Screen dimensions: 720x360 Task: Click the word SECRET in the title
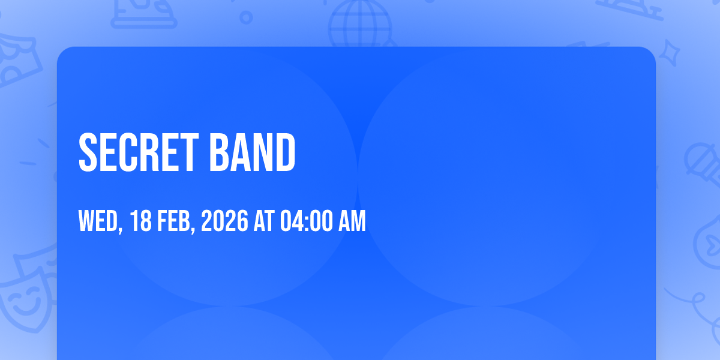pos(139,152)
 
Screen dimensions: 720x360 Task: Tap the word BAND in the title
pos(253,152)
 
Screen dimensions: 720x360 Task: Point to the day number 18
pos(141,221)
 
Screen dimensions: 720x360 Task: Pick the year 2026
pos(224,221)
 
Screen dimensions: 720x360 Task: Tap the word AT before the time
pos(264,221)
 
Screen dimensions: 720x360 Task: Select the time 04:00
pos(307,221)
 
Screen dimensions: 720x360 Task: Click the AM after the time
pos(352,221)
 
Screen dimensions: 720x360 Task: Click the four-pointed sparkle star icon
pos(670,53)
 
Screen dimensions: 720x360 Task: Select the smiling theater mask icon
pos(26,299)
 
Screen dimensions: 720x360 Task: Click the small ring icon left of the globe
pos(246,17)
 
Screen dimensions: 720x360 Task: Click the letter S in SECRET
pos(88,152)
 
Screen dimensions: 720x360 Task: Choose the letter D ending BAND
pos(286,152)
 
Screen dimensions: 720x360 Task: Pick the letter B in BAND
pos(219,152)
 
